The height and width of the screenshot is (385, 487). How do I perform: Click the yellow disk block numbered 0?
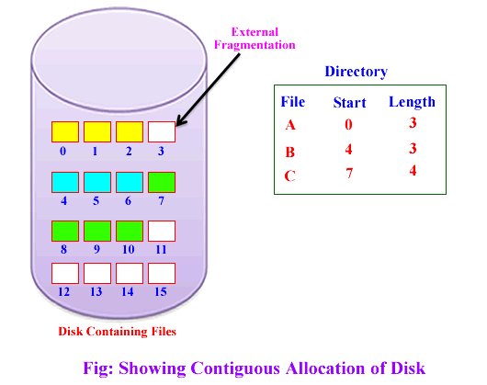point(64,131)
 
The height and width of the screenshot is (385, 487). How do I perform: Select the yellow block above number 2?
point(129,131)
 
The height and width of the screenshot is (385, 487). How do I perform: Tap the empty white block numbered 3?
point(161,131)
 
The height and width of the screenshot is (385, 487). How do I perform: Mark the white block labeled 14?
point(129,273)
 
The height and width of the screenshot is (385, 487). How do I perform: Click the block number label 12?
point(64,291)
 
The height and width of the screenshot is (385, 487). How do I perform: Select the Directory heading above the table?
point(356,72)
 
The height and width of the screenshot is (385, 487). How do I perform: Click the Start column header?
point(348,103)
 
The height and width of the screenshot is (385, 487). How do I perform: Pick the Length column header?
point(411,102)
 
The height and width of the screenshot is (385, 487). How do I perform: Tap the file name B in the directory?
point(291,151)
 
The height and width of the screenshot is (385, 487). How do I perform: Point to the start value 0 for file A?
point(348,124)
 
